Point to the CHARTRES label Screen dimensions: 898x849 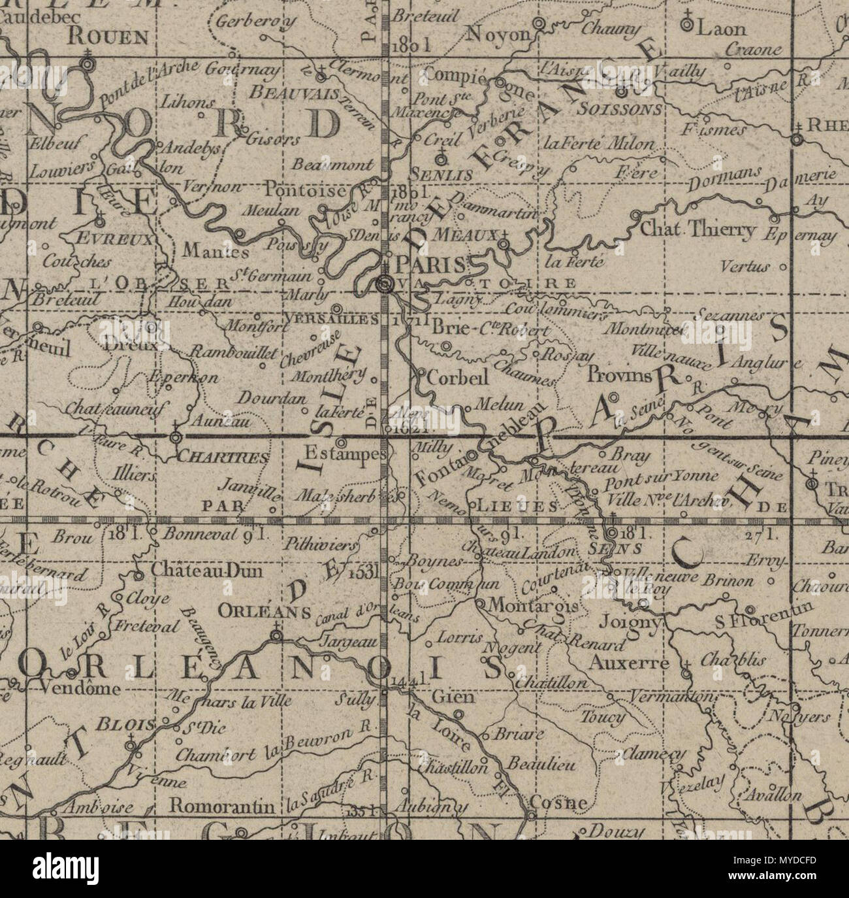point(224,457)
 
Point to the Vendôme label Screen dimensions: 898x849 point(80,688)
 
